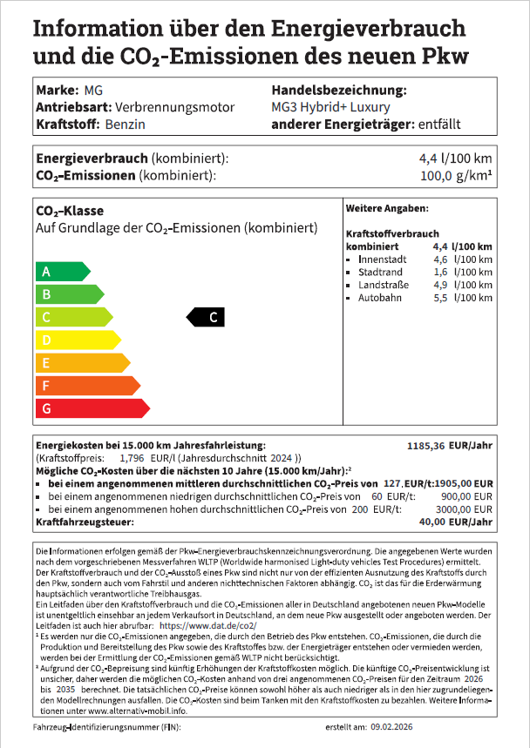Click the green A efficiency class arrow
(x=61, y=271)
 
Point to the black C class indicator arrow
(x=207, y=317)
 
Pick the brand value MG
(x=93, y=91)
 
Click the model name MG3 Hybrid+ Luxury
(x=331, y=107)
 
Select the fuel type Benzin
(x=125, y=124)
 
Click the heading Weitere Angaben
(x=387, y=209)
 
